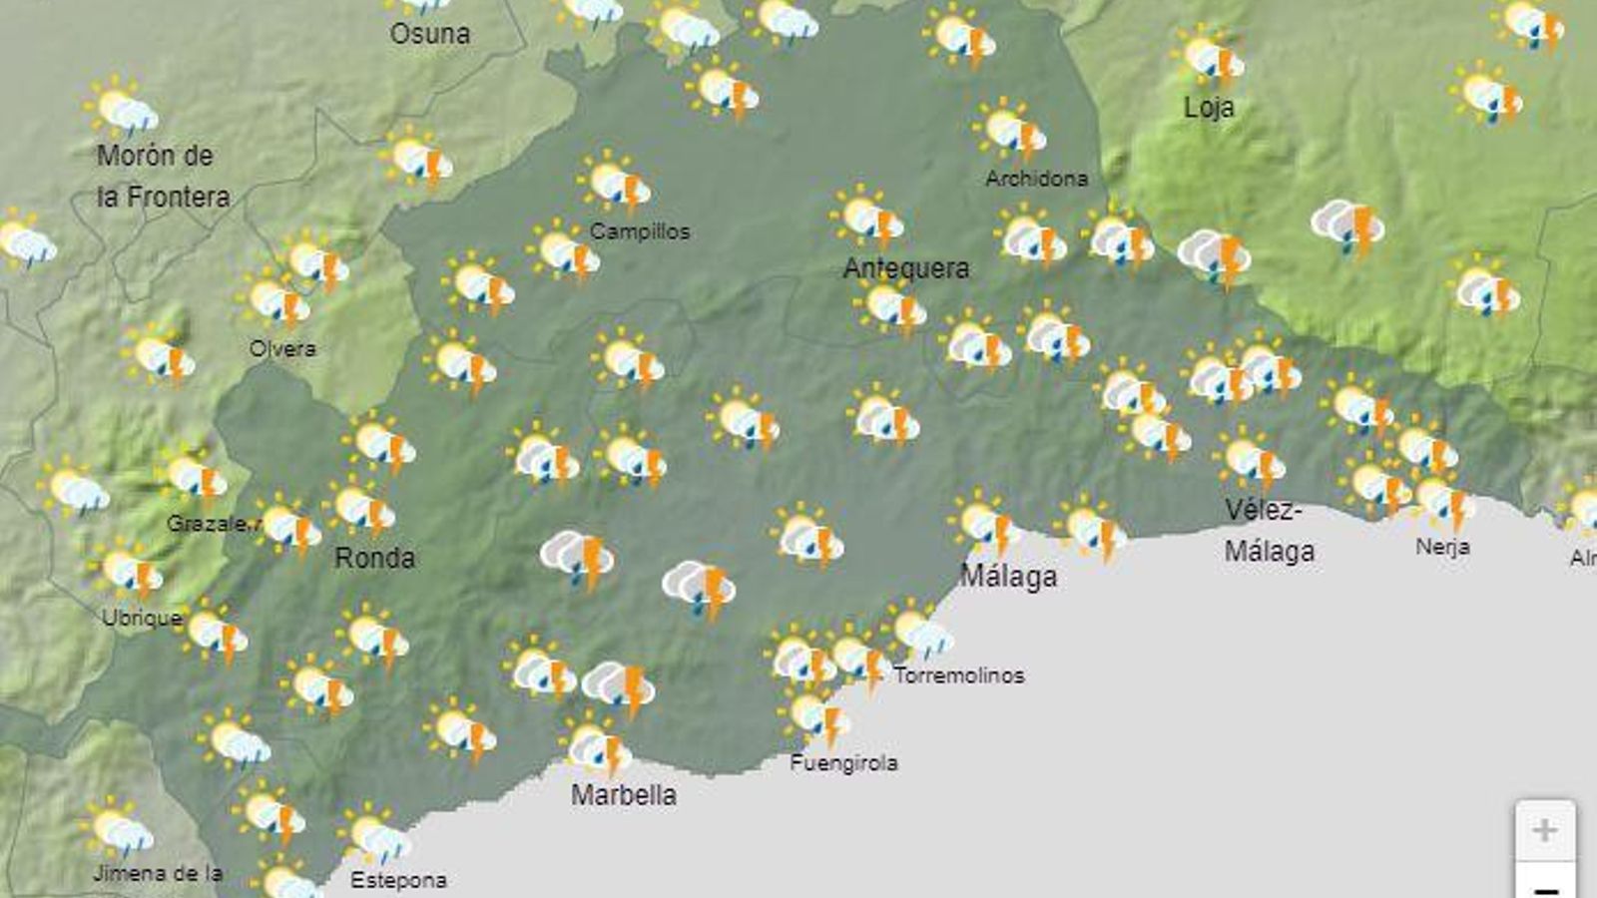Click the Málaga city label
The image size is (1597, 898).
(1008, 577)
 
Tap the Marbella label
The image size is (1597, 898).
(624, 795)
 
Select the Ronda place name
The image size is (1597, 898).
(374, 558)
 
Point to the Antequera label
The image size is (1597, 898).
(906, 268)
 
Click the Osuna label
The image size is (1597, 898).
(430, 34)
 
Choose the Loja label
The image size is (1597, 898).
(1209, 108)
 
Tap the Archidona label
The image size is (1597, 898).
(1036, 179)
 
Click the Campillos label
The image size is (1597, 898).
(640, 231)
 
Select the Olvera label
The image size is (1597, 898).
(282, 348)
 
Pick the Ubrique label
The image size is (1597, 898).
(142, 619)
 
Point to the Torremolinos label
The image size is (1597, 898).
(959, 675)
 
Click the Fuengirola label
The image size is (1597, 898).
(843, 763)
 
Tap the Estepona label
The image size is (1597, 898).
(398, 880)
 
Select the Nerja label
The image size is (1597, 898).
(1442, 547)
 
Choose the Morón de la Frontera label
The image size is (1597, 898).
(163, 177)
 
